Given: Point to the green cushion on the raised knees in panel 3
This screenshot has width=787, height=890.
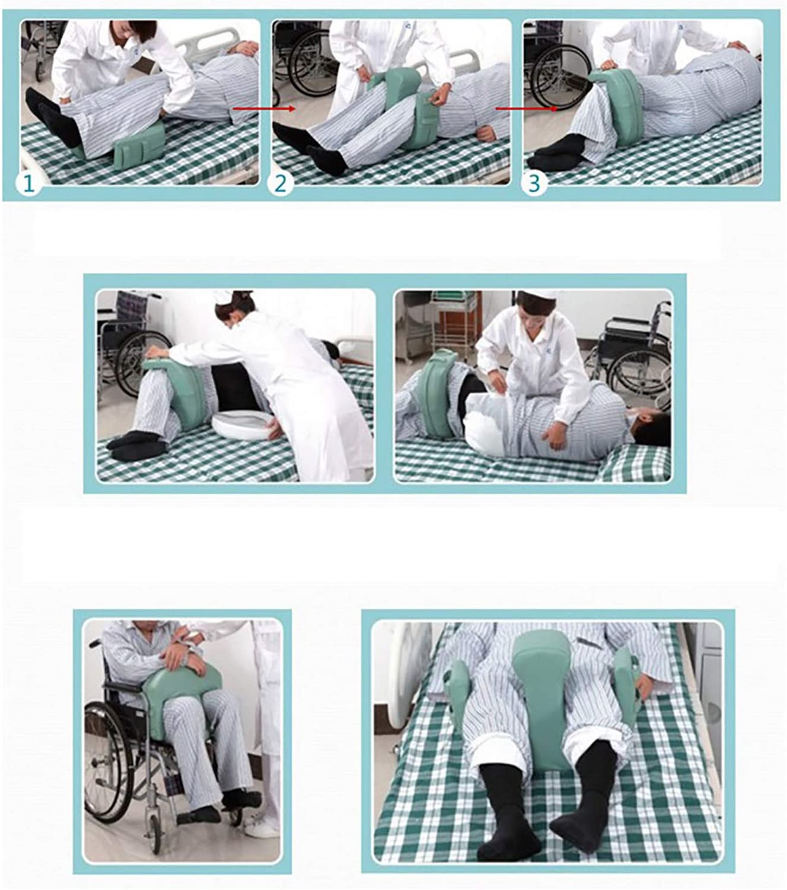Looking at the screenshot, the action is tap(619, 101).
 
